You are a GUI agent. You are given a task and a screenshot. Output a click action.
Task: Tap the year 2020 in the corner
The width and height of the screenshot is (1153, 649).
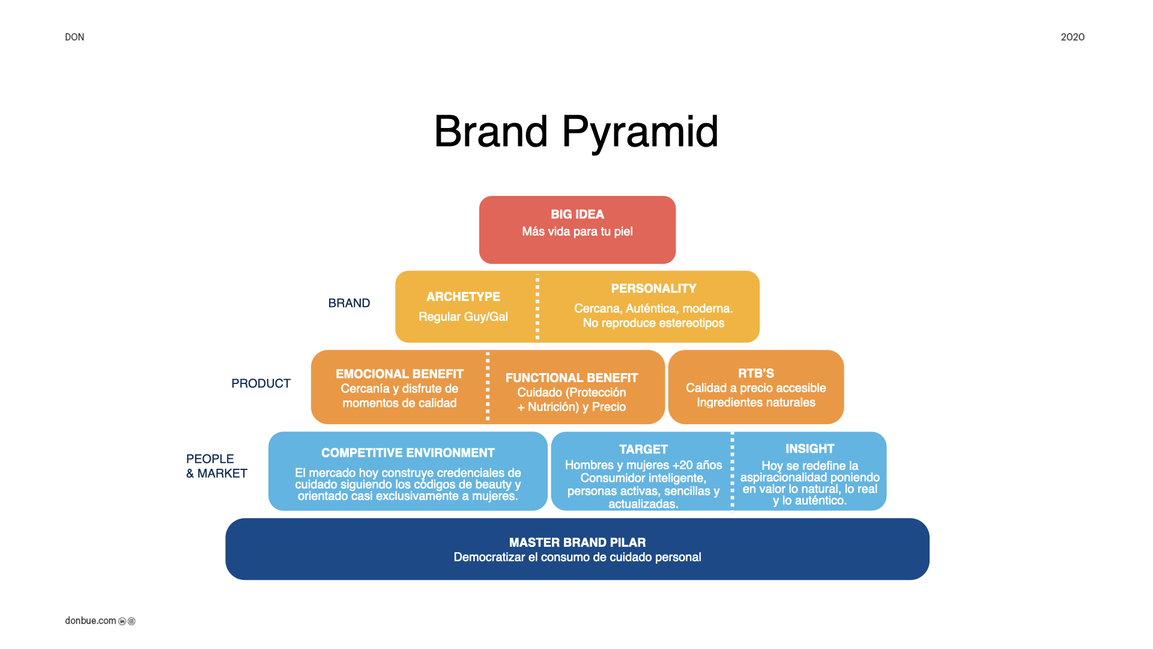pos(1073,37)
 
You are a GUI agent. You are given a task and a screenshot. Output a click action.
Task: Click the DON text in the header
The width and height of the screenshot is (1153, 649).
pos(74,37)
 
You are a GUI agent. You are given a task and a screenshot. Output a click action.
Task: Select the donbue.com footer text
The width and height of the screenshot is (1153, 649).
pos(91,621)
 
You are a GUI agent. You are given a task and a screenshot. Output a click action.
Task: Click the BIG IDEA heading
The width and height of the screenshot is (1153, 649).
pos(577,215)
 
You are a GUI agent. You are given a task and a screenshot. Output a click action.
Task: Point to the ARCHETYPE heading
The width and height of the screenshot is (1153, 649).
pos(463,297)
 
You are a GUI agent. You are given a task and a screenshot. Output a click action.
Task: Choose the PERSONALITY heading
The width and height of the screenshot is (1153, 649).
pos(653,288)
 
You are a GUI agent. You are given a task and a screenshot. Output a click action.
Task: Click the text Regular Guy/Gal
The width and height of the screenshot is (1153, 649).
pos(463,317)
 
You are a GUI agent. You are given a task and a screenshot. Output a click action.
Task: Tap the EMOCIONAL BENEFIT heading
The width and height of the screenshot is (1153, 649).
pos(399,374)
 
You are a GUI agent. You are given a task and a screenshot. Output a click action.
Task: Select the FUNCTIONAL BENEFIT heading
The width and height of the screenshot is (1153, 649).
pos(572,378)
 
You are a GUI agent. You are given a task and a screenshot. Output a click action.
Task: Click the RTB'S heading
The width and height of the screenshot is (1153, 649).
pos(756,373)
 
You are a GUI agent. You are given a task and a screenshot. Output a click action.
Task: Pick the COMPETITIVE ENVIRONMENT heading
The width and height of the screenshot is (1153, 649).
pos(408,453)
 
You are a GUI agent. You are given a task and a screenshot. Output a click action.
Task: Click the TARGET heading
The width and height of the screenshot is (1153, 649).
pos(643,449)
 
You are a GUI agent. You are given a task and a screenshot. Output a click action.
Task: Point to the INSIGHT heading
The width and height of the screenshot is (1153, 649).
pos(810,449)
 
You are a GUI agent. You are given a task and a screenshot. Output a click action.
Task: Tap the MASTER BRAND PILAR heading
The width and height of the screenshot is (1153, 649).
pos(577,543)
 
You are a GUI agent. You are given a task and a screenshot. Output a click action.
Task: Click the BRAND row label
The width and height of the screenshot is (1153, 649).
pos(349,303)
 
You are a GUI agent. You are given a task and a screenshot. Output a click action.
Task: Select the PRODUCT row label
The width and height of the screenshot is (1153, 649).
pos(261,383)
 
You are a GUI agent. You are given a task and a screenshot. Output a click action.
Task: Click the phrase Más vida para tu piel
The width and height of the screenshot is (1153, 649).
pos(577,232)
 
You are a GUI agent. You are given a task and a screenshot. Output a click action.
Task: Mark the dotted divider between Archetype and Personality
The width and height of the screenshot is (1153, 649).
pos(537,307)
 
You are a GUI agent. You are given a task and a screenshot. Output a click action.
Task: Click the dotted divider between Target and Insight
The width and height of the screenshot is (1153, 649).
pos(732,471)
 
